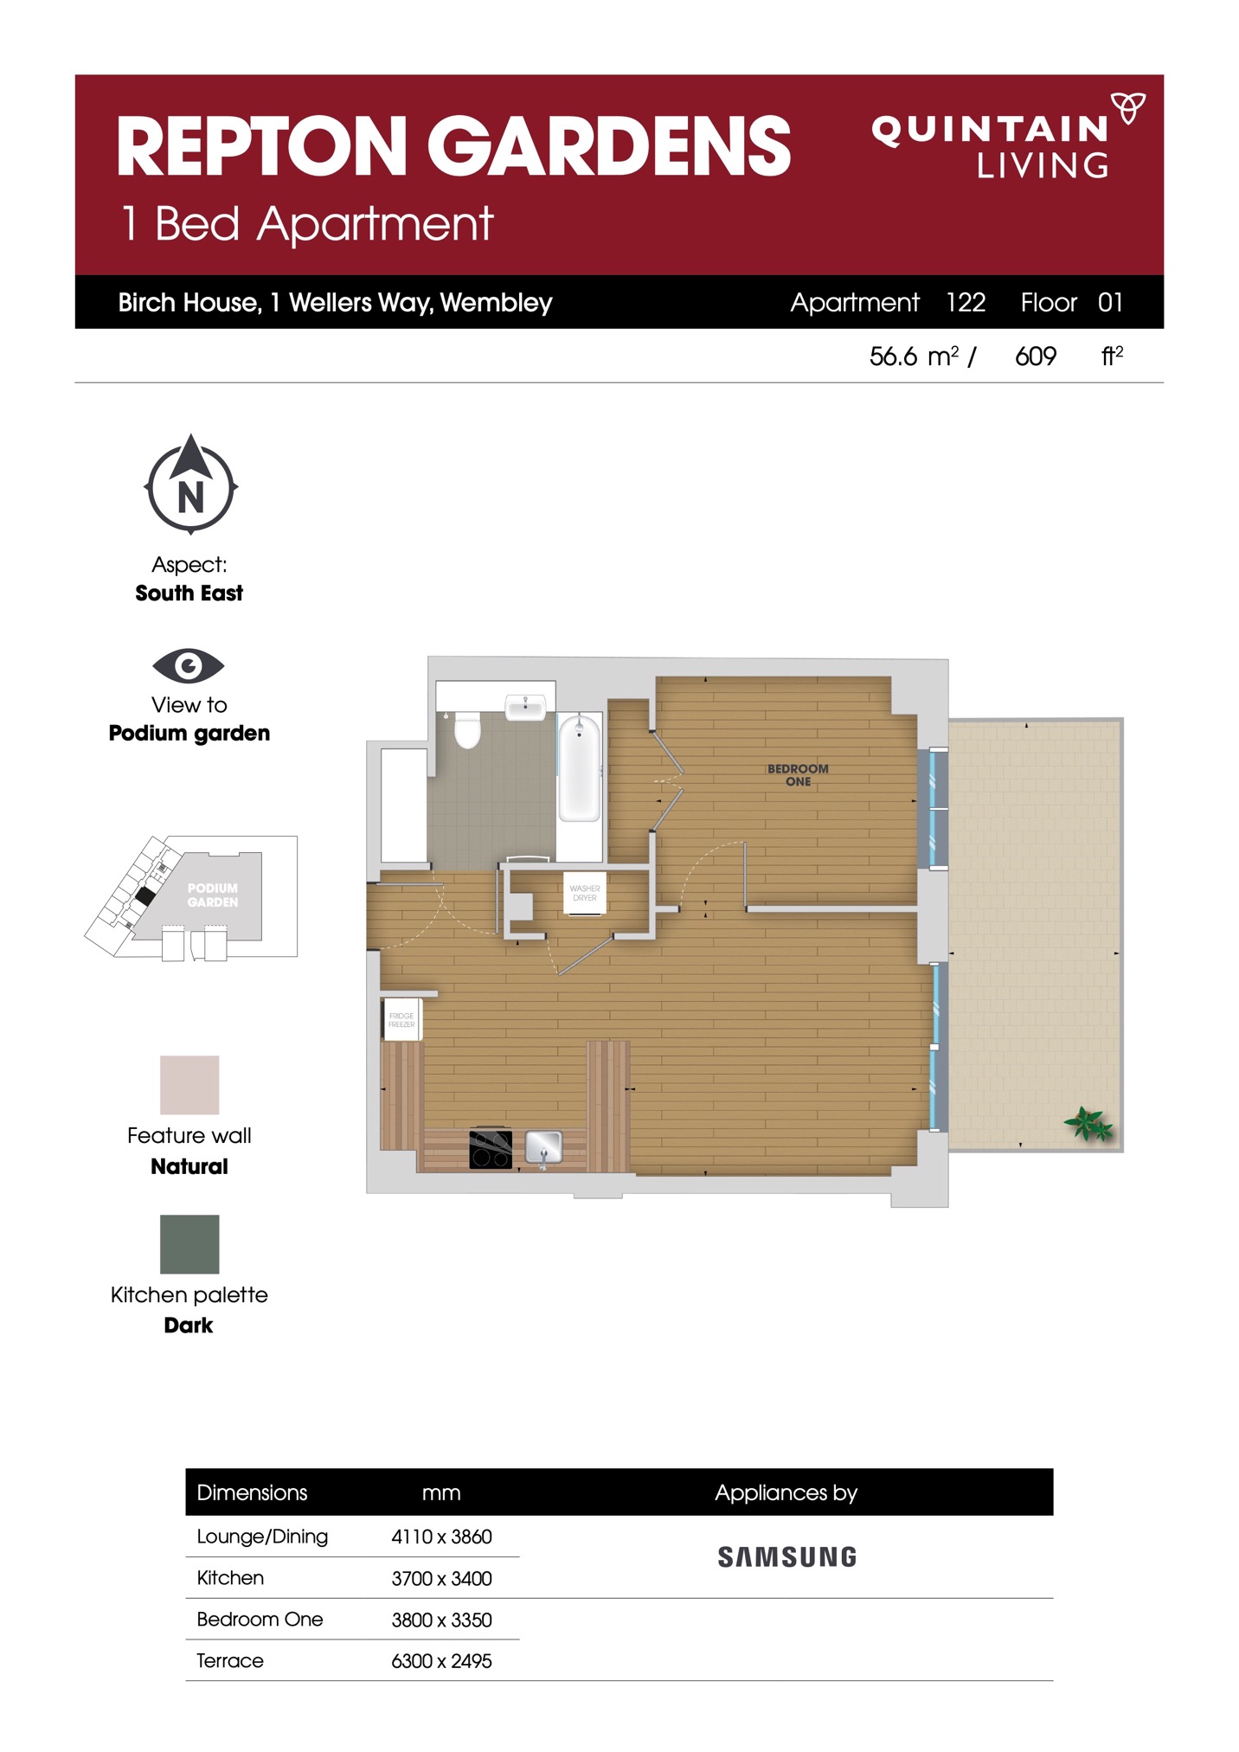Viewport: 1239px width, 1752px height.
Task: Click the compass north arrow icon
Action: tap(190, 484)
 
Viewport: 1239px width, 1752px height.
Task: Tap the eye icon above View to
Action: tap(189, 665)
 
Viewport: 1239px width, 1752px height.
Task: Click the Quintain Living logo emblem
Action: tap(1128, 108)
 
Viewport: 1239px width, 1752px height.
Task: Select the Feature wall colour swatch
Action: tap(189, 1084)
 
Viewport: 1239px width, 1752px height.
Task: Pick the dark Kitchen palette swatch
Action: tap(189, 1244)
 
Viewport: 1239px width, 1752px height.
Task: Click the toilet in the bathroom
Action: tap(467, 729)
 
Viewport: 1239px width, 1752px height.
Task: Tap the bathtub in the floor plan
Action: tap(579, 767)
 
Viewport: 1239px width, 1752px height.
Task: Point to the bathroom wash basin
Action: tap(525, 707)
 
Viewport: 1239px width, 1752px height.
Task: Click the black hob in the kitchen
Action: tap(491, 1149)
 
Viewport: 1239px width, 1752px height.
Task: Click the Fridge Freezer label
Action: tap(401, 1020)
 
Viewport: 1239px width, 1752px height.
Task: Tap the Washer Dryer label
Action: tap(585, 893)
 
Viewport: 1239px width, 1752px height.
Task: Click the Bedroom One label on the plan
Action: tap(798, 775)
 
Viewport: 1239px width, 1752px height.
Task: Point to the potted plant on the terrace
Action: tap(1088, 1124)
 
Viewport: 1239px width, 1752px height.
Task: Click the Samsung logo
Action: tap(787, 1557)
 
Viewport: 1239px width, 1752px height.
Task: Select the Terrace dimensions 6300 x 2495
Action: tap(441, 1661)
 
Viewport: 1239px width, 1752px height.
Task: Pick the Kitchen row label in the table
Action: tap(230, 1578)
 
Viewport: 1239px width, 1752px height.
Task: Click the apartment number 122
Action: tap(966, 302)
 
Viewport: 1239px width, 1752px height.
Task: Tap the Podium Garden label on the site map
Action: tap(212, 895)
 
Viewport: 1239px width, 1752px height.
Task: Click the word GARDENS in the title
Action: tap(609, 146)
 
